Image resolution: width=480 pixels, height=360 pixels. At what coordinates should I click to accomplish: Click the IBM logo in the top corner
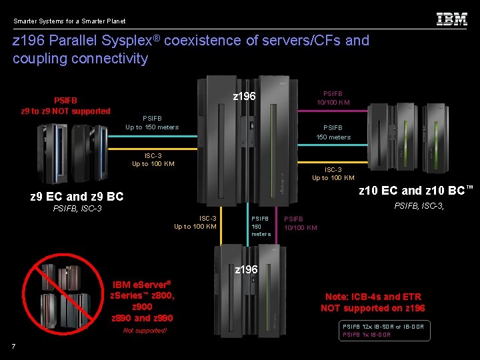[451, 19]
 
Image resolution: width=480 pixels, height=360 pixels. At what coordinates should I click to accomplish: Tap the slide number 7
[13, 345]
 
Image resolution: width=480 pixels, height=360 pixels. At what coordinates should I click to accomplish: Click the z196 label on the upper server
[244, 97]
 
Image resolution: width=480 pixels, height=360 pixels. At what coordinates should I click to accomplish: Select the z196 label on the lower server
[247, 269]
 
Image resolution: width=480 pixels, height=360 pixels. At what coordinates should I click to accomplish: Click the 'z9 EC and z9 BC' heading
[77, 196]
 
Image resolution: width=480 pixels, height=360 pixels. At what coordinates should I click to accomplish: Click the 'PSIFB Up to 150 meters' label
[152, 123]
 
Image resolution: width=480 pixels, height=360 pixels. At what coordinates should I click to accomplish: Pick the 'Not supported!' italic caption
[145, 331]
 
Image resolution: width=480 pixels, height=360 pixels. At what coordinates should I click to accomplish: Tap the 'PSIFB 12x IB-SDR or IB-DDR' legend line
[383, 326]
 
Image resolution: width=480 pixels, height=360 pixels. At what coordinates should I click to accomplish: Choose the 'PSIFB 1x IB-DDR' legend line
[366, 335]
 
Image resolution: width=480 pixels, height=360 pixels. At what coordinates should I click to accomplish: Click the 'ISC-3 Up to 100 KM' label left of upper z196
[153, 159]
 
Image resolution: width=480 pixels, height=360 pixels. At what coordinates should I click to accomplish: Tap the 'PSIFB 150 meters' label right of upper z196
[333, 132]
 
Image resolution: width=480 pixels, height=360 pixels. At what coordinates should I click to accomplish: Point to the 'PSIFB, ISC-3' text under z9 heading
[77, 209]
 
